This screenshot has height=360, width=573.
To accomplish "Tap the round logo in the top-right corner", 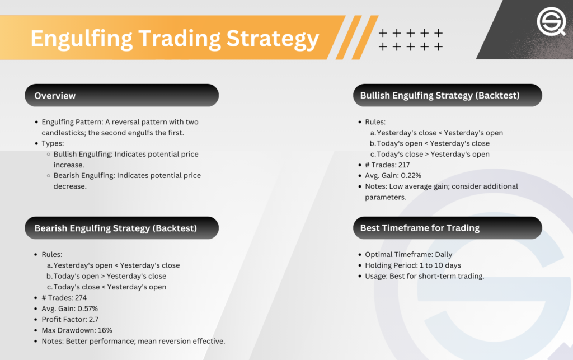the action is tap(551, 22).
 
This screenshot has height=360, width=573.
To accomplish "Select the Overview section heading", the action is tap(55, 96).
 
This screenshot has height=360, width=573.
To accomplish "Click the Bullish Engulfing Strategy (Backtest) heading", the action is tap(440, 95).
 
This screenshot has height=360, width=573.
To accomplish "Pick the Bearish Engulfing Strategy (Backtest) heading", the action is tap(115, 228).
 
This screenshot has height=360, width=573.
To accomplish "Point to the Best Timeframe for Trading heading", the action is tap(420, 228).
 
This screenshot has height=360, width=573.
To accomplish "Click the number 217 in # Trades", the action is tap(404, 165).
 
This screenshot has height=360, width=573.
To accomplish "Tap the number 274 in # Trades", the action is tap(81, 297).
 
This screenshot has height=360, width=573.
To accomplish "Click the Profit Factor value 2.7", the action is tap(93, 320).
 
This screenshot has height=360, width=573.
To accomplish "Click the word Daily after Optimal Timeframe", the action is tap(443, 254).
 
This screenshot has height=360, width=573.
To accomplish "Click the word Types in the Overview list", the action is tap(53, 143).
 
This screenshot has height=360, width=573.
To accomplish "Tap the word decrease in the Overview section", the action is tap(70, 186).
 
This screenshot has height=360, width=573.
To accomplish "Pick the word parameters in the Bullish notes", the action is tap(386, 198).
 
